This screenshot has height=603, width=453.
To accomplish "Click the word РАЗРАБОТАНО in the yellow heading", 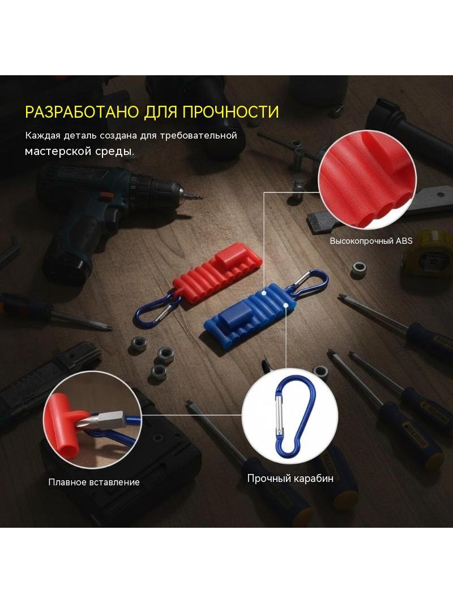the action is [82, 111].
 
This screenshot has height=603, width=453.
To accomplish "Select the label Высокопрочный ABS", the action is [371, 241].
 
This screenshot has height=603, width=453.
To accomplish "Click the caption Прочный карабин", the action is [290, 479].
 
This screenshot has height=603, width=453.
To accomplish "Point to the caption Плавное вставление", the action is [94, 482].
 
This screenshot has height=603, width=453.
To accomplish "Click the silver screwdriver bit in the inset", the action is [108, 421].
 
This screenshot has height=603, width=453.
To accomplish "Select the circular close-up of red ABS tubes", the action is [367, 179].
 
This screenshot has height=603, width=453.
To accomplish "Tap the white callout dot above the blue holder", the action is [264, 293].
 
